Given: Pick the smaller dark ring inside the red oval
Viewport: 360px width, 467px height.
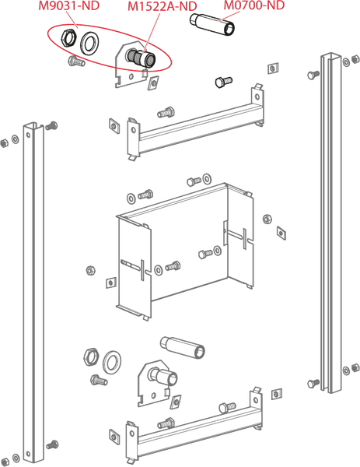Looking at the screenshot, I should coord(70,40).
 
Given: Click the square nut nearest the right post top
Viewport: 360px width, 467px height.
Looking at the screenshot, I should coord(273,68).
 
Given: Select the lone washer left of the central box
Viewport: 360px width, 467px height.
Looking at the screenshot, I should coord(91,270).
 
